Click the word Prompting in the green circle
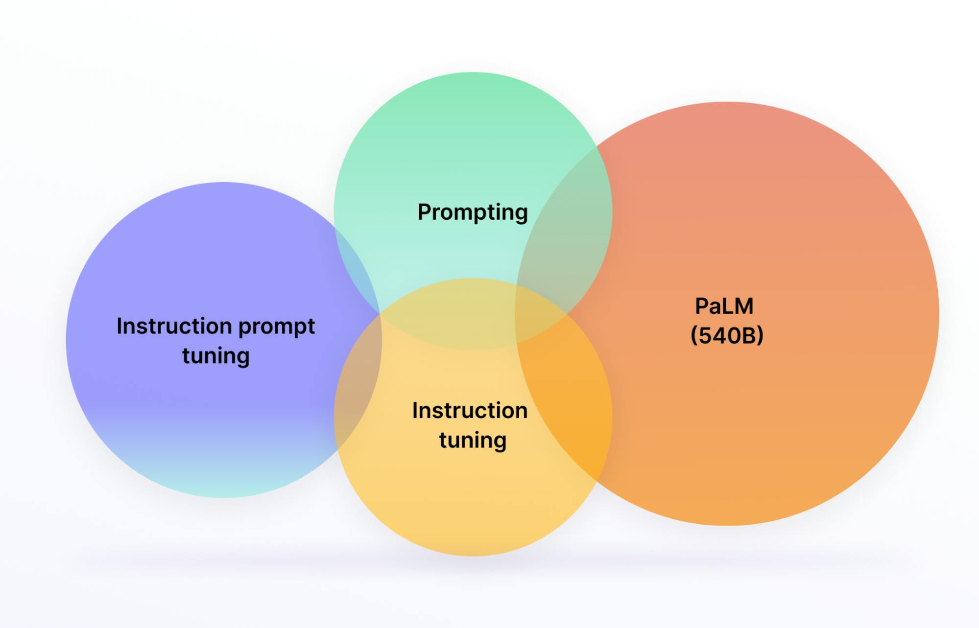click(472, 212)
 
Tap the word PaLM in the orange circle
click(724, 306)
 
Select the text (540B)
click(727, 336)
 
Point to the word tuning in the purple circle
click(215, 356)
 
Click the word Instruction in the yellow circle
click(469, 411)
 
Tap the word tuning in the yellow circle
click(472, 440)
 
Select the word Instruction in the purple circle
click(174, 326)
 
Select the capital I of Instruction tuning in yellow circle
click(415, 411)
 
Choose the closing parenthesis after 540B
click(760, 336)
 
